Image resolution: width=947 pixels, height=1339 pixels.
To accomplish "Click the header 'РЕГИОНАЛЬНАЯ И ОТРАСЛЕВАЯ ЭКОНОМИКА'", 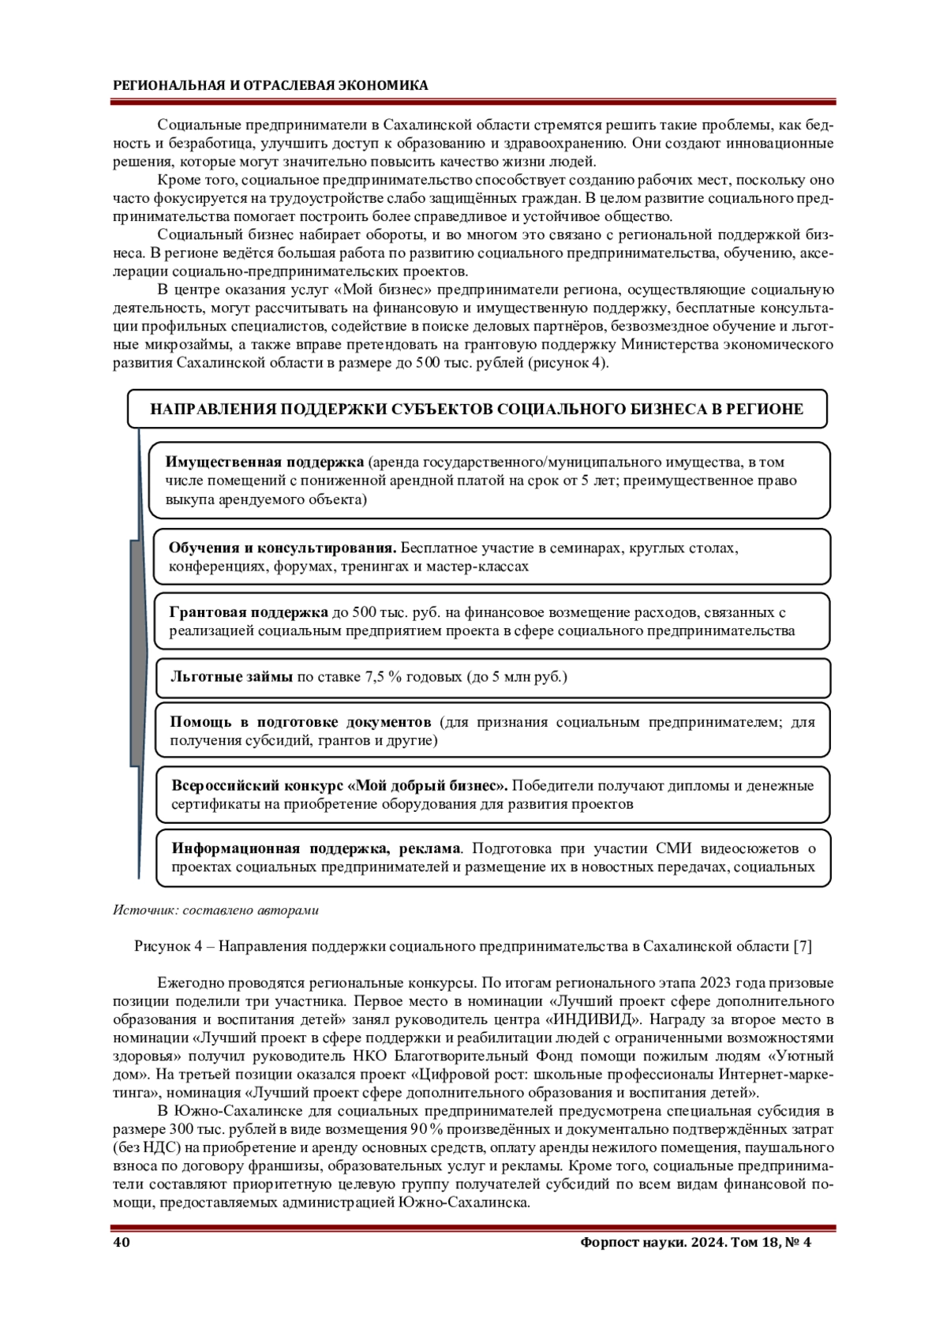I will click(x=271, y=85).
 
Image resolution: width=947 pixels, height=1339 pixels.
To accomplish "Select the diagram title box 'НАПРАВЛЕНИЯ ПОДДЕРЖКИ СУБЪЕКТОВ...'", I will click(x=477, y=409).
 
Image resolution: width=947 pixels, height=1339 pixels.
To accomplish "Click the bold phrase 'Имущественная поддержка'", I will click(x=264, y=462).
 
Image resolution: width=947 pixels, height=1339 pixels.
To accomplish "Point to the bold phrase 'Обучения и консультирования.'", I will click(x=283, y=548).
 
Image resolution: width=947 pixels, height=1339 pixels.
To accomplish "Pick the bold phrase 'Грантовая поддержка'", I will click(x=249, y=612).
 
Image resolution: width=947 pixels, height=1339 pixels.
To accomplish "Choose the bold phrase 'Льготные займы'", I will click(x=232, y=676).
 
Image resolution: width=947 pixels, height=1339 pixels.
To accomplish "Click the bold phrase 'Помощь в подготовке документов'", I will click(x=301, y=721).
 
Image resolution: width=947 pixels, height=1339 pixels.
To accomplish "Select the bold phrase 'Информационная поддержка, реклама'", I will click(x=316, y=848).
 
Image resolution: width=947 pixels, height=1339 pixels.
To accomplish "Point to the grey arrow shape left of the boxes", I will click(x=139, y=655).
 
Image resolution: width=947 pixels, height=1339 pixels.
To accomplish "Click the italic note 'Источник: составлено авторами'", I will click(x=215, y=910).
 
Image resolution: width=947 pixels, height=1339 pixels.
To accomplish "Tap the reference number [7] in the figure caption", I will click(x=803, y=946).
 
